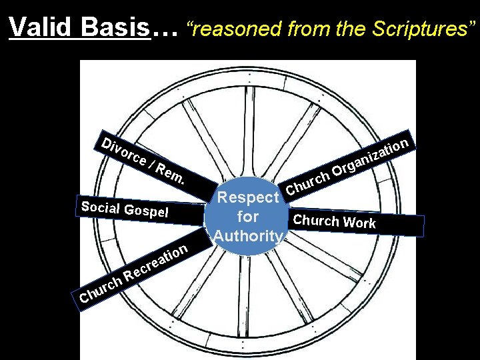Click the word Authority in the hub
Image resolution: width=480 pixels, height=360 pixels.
[x=249, y=235]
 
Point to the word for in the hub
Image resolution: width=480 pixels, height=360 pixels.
[x=247, y=217]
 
